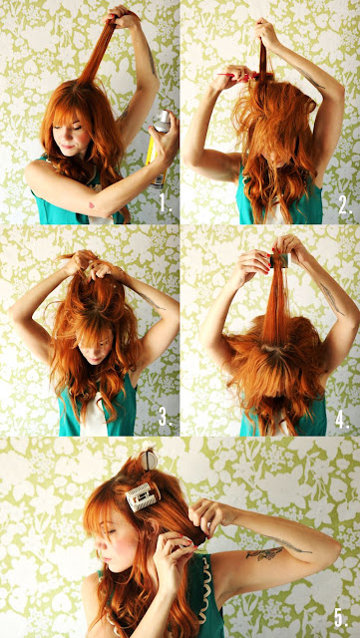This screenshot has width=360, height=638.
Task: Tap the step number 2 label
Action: (x=345, y=206)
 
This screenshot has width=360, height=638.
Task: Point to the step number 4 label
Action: (x=342, y=419)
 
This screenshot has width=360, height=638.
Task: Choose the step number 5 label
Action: (x=341, y=618)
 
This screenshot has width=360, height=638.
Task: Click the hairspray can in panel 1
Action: (x=160, y=149)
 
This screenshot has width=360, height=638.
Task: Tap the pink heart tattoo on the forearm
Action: (x=91, y=205)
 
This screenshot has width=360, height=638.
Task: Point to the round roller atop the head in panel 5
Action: (x=149, y=460)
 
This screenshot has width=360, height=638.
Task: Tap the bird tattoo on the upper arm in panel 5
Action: (x=264, y=552)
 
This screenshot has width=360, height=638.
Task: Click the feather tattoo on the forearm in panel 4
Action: (x=332, y=298)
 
